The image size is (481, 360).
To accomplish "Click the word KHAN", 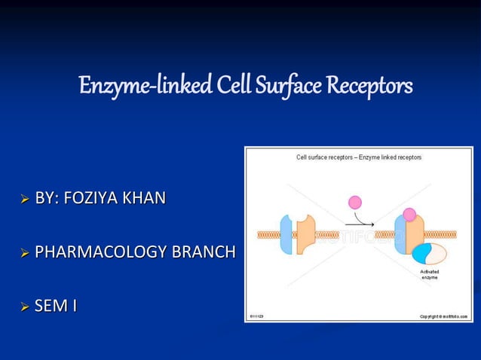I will (146, 200).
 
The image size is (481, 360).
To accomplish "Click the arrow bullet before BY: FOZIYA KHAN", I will (25, 200).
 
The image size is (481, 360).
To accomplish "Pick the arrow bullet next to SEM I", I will (25, 307).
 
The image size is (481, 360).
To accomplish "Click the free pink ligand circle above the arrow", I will (355, 202).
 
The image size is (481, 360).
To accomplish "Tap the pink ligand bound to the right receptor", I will (409, 215).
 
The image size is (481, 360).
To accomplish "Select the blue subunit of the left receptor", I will (287, 234).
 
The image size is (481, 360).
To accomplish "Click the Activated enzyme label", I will (430, 274).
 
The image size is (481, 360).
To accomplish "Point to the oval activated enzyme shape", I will (429, 253).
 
